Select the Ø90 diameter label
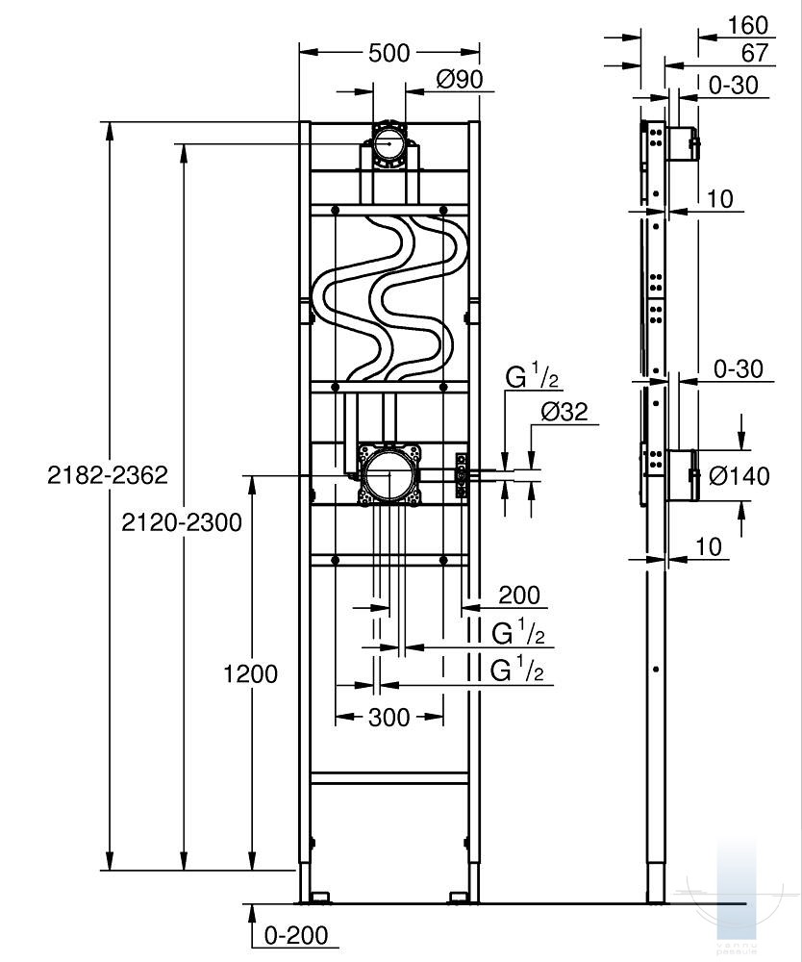(458, 80)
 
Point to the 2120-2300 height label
(181, 522)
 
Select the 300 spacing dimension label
(388, 717)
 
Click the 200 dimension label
(519, 596)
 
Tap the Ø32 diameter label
(564, 412)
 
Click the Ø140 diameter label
(739, 475)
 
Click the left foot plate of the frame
(314, 899)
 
